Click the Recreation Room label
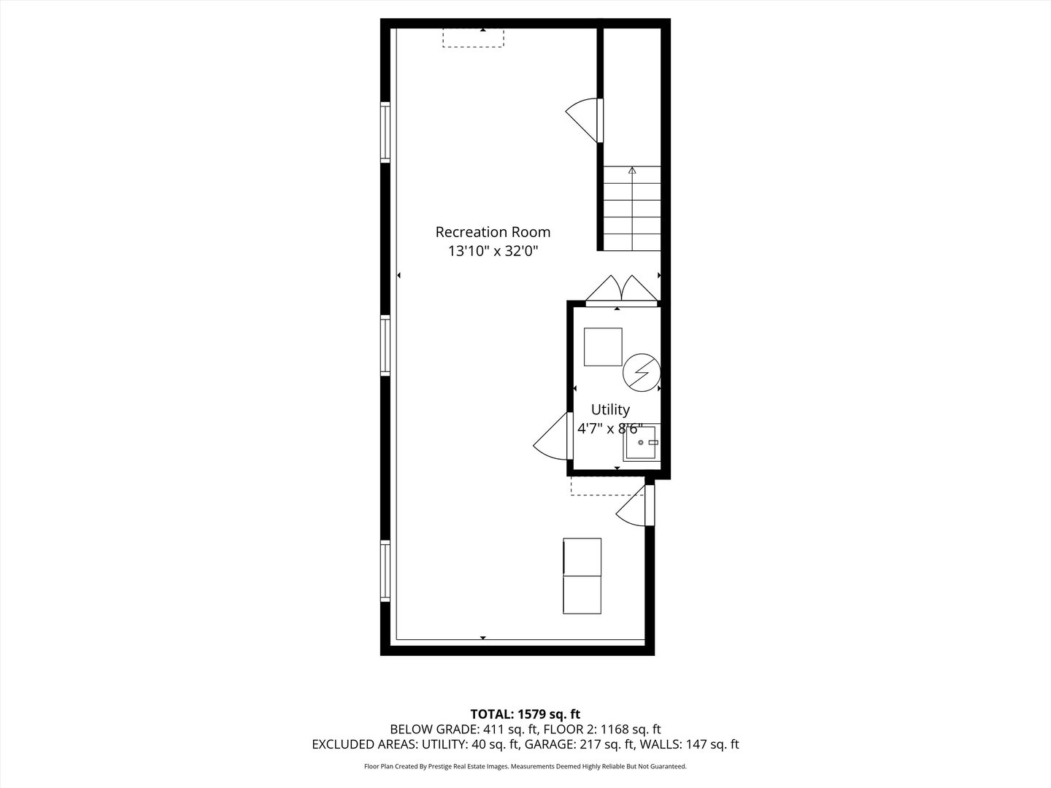coord(493,232)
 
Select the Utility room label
coord(610,409)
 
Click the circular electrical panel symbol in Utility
coord(641,373)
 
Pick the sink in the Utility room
coord(641,443)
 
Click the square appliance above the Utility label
coord(603,347)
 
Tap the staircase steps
coord(632,212)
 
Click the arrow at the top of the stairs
coord(632,171)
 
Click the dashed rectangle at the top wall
coord(473,38)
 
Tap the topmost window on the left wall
coord(385,132)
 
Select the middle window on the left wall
coord(385,346)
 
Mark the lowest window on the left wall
coord(385,571)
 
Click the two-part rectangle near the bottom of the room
coord(582,576)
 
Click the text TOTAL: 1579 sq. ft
coord(525,714)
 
